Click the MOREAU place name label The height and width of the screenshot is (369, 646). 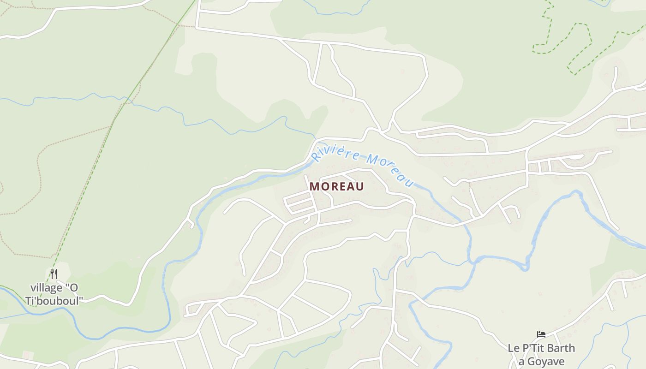(337, 186)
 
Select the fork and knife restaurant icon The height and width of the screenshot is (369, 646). (54, 274)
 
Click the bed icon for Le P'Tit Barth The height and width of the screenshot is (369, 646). (541, 334)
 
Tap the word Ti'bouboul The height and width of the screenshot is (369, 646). (57, 301)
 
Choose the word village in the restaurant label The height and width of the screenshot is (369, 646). (46, 288)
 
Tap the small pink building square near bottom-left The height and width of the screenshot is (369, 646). (28, 356)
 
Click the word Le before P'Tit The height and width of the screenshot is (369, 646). (514, 348)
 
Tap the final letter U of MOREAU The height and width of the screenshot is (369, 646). (359, 186)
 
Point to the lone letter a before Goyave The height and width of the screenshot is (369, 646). (521, 361)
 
